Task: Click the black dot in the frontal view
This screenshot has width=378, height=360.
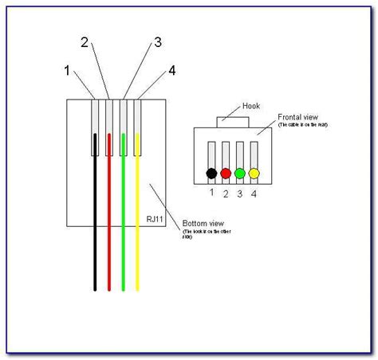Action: [211, 173]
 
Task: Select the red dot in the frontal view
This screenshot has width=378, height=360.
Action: [226, 173]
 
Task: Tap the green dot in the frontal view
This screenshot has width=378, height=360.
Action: [240, 173]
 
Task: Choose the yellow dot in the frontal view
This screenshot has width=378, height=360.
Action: [254, 173]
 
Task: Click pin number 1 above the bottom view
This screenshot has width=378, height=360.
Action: [67, 70]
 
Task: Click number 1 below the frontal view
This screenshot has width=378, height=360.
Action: [211, 192]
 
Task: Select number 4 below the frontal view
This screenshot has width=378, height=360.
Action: [255, 192]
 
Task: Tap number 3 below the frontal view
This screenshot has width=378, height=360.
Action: [241, 192]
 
